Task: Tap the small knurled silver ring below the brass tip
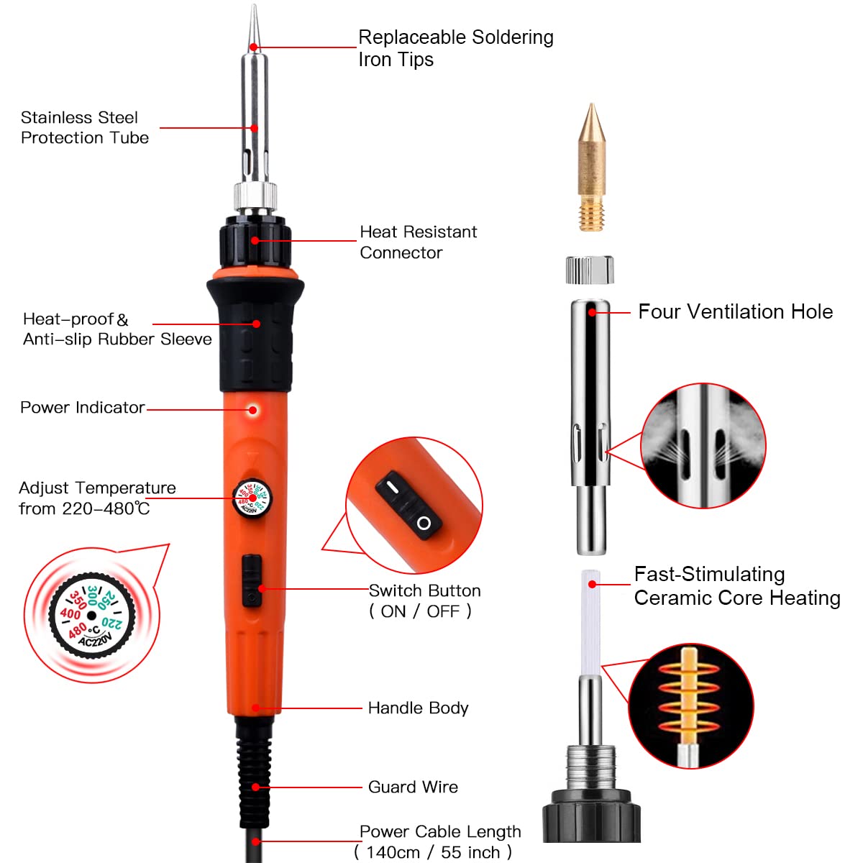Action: point(590,270)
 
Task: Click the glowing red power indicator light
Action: point(252,409)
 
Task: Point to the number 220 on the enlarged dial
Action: point(112,623)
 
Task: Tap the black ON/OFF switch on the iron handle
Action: point(252,580)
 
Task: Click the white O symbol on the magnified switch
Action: point(424,523)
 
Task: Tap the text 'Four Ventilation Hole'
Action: point(736,311)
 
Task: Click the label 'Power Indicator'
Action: point(83,407)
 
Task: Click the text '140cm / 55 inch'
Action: point(433,852)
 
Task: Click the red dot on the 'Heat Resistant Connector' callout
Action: point(255,240)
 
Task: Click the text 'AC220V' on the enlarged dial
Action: point(96,639)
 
